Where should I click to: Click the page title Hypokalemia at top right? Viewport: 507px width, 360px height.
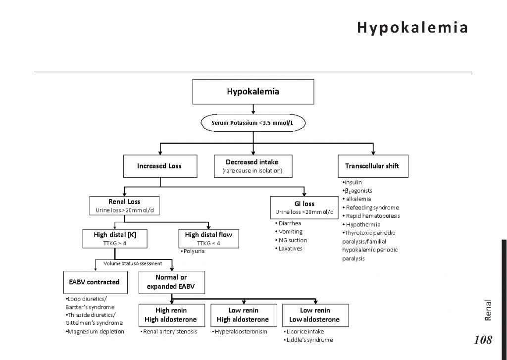tap(412, 27)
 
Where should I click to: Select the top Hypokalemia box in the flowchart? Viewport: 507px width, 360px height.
tap(253, 92)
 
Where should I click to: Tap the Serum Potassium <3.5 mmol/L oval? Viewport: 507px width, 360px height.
tap(253, 122)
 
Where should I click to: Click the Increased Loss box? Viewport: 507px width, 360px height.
tap(159, 166)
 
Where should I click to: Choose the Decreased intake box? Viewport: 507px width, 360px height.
tap(252, 166)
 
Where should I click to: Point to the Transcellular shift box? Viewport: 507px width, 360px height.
tap(372, 166)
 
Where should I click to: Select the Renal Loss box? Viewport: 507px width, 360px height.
tap(124, 206)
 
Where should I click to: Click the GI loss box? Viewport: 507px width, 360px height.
tap(304, 207)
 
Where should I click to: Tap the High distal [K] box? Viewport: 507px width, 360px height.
tap(115, 239)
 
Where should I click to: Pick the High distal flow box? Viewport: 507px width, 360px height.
tap(208, 239)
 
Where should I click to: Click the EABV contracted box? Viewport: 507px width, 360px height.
tap(94, 282)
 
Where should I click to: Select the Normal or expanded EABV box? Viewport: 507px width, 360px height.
tap(171, 282)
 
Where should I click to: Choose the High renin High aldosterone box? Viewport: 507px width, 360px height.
tap(171, 315)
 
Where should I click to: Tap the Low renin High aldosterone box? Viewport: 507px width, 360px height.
tap(243, 315)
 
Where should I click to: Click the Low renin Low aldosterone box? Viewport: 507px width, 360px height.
tap(315, 315)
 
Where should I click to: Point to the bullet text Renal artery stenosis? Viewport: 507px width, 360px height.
tap(170, 332)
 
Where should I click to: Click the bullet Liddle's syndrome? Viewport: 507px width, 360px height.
tap(309, 340)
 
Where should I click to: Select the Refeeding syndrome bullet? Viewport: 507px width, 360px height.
tap(372, 207)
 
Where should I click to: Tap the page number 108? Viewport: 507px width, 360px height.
tap(483, 340)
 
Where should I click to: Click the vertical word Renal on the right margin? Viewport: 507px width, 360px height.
tap(488, 310)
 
